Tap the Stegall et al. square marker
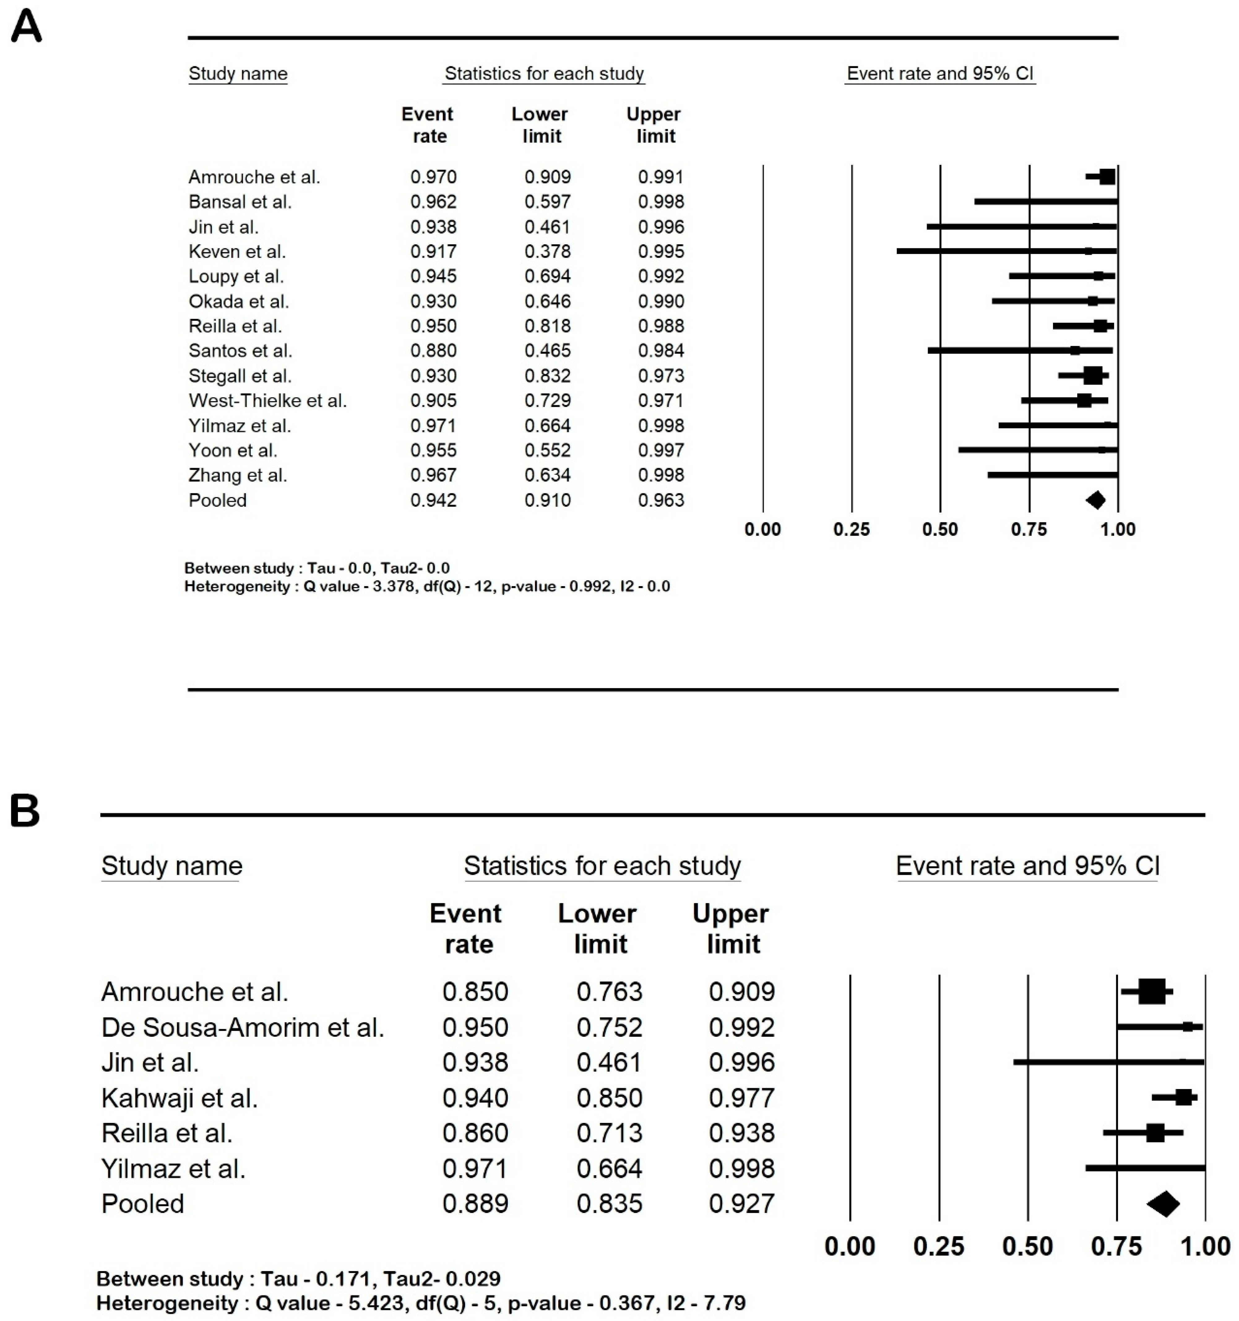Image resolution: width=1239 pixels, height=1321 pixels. point(1093,375)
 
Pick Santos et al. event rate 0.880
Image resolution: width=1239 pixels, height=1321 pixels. point(434,350)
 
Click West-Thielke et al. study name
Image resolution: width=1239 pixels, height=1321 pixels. point(267,400)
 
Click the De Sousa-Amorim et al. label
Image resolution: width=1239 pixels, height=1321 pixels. point(243,1027)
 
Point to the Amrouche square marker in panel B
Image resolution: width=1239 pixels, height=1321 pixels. point(1152,991)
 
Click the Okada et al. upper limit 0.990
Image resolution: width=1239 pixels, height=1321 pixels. point(661,301)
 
